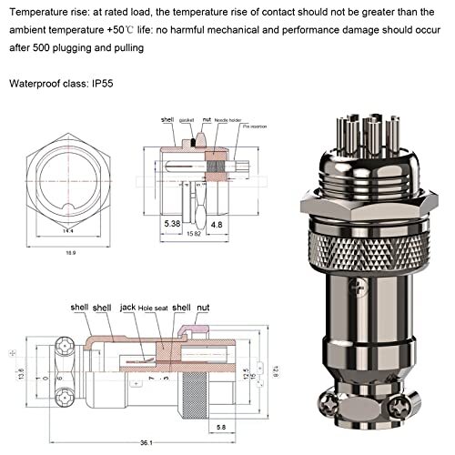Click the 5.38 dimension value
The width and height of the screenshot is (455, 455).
(172, 222)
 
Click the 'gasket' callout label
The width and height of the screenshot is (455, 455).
(187, 120)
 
